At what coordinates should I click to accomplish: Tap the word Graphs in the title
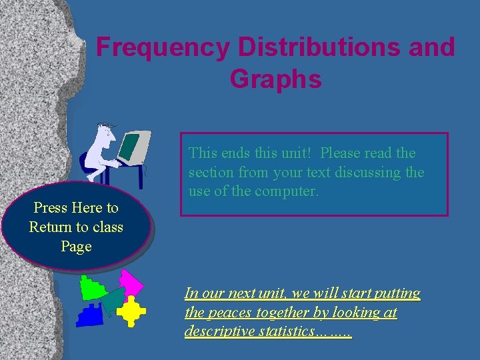(x=275, y=79)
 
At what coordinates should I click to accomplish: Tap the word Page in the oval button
(x=75, y=247)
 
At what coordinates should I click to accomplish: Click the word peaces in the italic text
(x=229, y=313)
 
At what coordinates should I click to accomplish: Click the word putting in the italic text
(x=397, y=293)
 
